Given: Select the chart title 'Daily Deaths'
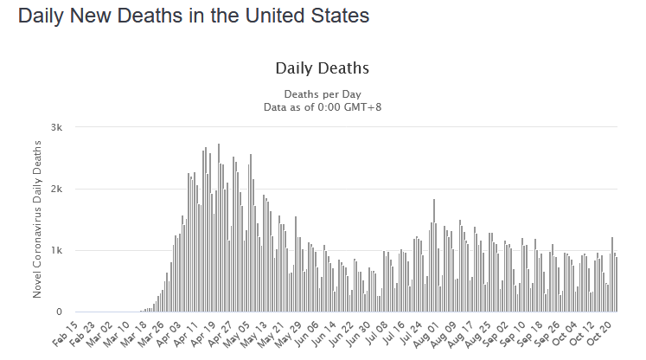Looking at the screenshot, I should (323, 67).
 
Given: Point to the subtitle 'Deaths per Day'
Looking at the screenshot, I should (323, 93).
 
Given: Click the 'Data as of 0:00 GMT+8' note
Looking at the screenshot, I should (323, 106).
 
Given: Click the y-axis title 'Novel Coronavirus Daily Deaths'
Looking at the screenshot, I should (38, 220).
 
